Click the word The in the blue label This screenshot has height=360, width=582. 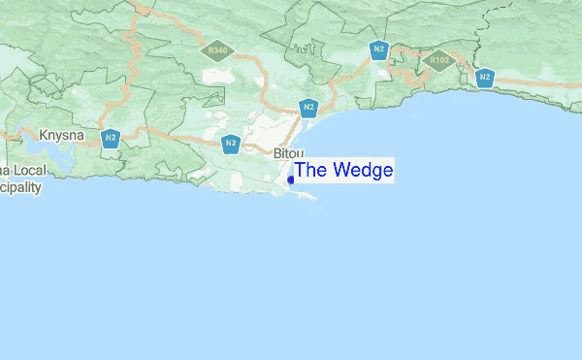coord(310,171)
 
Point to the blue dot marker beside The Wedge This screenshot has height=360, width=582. coord(291,180)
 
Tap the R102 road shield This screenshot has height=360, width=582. coord(439,60)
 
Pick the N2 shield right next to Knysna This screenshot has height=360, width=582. coord(112,138)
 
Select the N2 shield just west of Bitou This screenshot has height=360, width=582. coord(231,145)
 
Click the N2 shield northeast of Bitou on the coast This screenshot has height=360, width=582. coord(308,108)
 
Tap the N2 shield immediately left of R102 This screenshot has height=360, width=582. coord(379,50)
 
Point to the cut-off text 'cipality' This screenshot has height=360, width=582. coord(20,186)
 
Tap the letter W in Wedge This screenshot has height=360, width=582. coord(337,171)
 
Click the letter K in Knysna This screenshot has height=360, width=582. coord(43,135)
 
